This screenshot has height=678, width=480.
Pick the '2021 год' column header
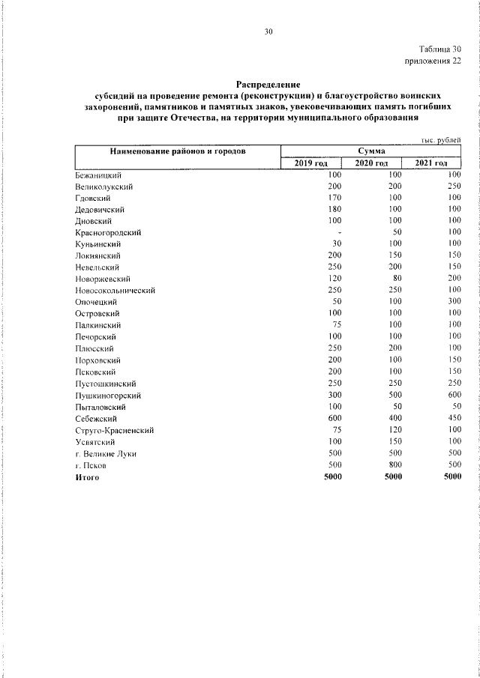click(x=430, y=163)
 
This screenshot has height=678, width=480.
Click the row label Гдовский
click(x=93, y=198)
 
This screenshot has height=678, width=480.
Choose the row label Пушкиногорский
click(x=107, y=395)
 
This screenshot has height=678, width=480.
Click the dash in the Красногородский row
click(x=340, y=232)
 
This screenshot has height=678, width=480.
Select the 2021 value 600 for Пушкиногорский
click(x=453, y=395)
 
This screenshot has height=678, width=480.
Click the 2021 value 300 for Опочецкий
click(x=453, y=302)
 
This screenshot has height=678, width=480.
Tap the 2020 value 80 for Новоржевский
click(x=397, y=279)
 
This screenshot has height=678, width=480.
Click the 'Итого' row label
click(x=87, y=476)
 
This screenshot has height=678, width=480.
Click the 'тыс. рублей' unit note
click(x=441, y=140)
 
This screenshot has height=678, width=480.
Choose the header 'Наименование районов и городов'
click(x=178, y=151)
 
